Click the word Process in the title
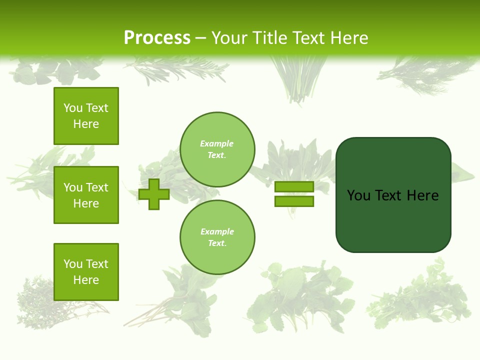pos(157,37)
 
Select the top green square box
pos(86,116)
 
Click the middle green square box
pos(86,195)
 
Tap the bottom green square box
pos(86,271)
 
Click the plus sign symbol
pos(154,194)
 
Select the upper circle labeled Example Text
pos(217,149)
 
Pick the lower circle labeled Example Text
pos(217,237)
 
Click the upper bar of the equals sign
pos(294,187)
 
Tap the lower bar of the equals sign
pos(294,201)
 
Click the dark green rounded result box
pos(393,220)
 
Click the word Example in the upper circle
pos(217,143)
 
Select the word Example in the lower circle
pos(217,231)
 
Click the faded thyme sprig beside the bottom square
pos(37,300)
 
